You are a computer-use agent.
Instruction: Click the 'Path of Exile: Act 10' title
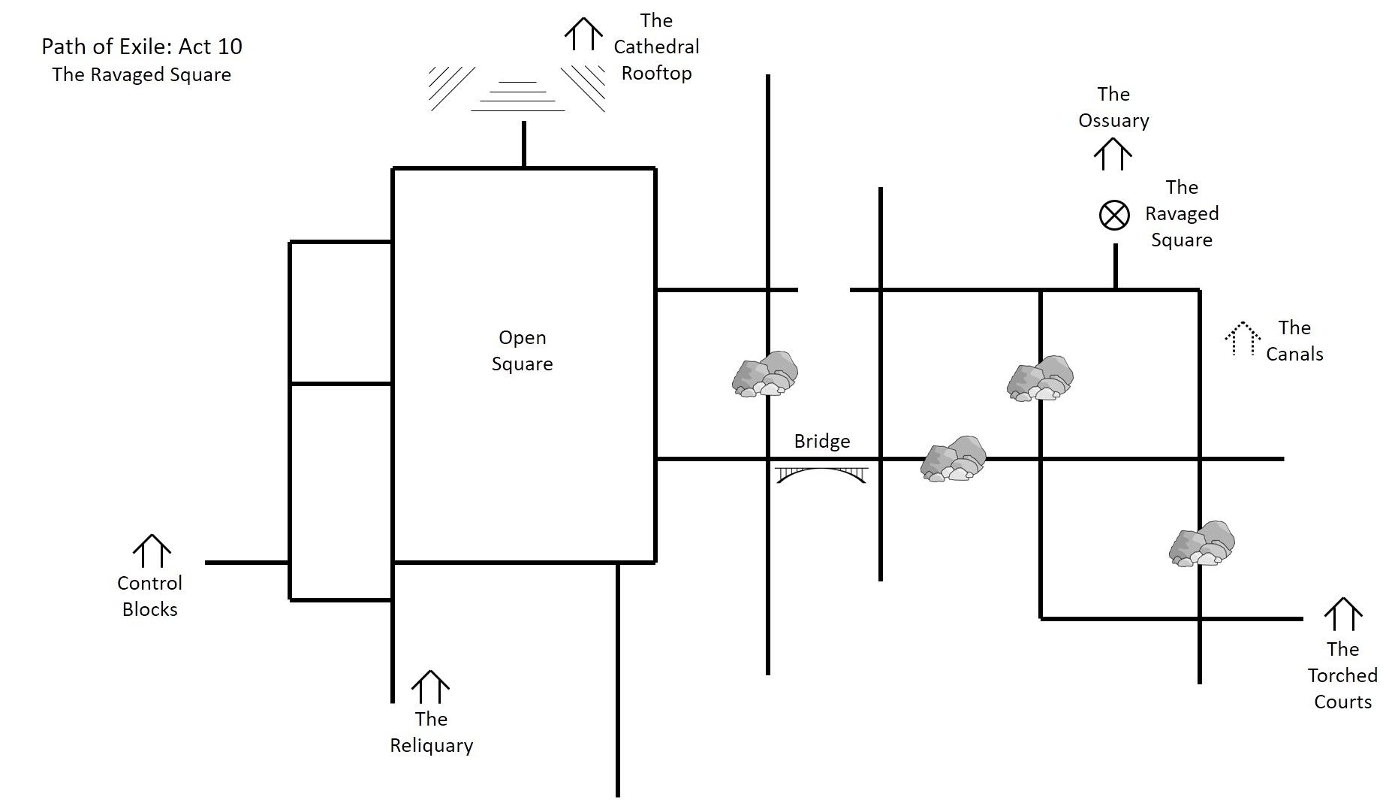click(x=142, y=47)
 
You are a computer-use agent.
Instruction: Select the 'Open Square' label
click(x=523, y=351)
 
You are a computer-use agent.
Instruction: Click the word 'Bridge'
click(x=822, y=441)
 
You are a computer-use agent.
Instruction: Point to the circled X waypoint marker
click(x=1114, y=216)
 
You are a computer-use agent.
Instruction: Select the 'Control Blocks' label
click(x=150, y=596)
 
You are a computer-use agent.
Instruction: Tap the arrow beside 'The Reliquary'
click(x=430, y=687)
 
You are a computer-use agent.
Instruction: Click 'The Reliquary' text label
click(x=431, y=732)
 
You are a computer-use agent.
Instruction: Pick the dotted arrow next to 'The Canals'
click(x=1243, y=339)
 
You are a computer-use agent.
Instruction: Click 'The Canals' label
click(x=1294, y=341)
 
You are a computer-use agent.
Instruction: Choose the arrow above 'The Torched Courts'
click(x=1342, y=614)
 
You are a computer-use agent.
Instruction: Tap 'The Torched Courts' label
click(x=1342, y=675)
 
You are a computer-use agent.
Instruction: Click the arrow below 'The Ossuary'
click(x=1113, y=155)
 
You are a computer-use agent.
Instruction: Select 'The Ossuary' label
click(x=1113, y=107)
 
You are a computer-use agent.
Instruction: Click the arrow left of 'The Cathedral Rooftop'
click(x=583, y=35)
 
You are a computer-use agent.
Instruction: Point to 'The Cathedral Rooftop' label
click(x=656, y=47)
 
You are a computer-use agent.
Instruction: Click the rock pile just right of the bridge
click(x=954, y=458)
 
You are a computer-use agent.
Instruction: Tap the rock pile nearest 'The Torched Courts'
click(x=1202, y=543)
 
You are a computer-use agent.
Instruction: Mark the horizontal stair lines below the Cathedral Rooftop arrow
click(x=518, y=96)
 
